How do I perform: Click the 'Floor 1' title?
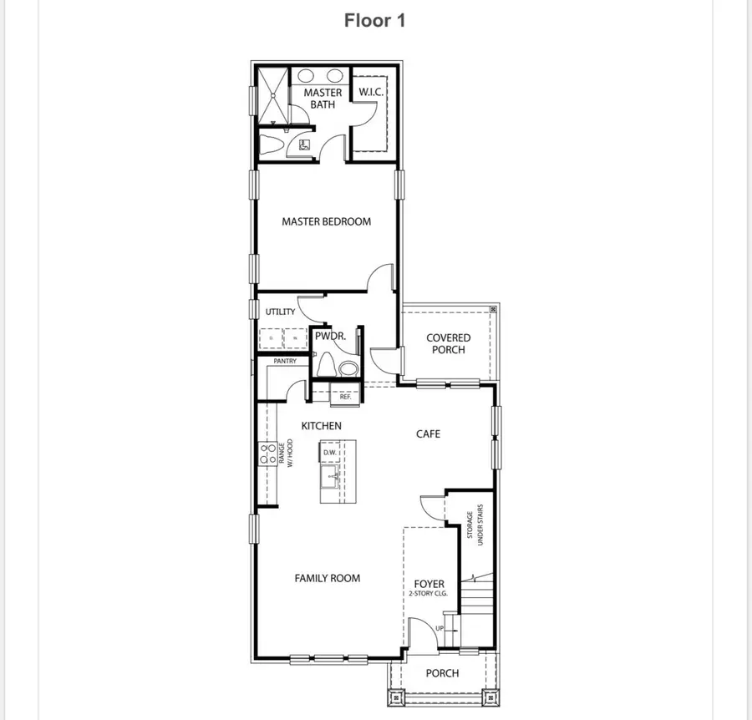375,21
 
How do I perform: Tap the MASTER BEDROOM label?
326,221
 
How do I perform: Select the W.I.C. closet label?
371,92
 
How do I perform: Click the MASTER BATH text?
322,99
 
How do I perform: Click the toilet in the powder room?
327,365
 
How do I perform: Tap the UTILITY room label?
281,312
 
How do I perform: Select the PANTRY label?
285,361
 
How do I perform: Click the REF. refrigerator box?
345,397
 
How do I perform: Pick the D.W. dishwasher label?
330,454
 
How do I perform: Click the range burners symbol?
268,455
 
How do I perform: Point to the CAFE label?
428,434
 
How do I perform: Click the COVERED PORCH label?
449,343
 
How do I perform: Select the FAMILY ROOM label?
327,577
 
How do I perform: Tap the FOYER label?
429,584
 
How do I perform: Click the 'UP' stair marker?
440,628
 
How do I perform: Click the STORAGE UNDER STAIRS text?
475,530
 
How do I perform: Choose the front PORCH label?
442,673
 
